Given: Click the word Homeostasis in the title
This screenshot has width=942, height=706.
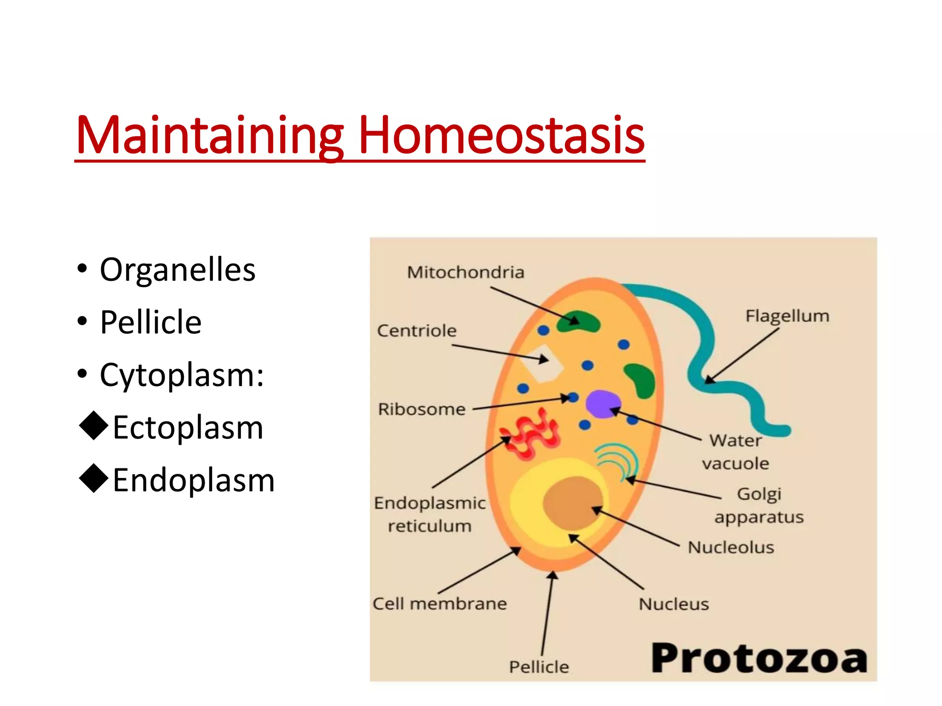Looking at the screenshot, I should click(x=501, y=136).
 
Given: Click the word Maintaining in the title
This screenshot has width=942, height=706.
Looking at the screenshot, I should click(x=209, y=136).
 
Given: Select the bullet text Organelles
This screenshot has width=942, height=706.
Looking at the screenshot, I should click(x=178, y=270).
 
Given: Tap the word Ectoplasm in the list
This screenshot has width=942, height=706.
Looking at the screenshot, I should click(x=188, y=428).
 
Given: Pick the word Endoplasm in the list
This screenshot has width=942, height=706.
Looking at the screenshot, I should click(x=194, y=481).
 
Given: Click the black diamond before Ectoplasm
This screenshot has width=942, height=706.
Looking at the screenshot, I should click(x=94, y=426).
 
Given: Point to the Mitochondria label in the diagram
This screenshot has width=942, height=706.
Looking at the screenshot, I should click(x=465, y=273).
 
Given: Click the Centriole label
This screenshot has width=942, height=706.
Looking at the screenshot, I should click(x=417, y=331).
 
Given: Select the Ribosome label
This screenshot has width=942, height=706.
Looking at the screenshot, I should click(x=422, y=409).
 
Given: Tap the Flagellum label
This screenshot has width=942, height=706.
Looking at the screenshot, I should click(x=787, y=316).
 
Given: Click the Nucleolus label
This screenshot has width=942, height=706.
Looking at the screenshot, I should click(x=731, y=547).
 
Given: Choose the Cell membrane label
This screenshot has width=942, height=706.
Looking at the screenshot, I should click(x=440, y=604).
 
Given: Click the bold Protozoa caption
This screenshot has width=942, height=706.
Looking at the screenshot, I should click(x=759, y=659).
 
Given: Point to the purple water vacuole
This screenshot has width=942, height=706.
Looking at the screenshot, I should click(x=602, y=404).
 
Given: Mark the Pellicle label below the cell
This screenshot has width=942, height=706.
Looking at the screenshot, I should click(x=539, y=667).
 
